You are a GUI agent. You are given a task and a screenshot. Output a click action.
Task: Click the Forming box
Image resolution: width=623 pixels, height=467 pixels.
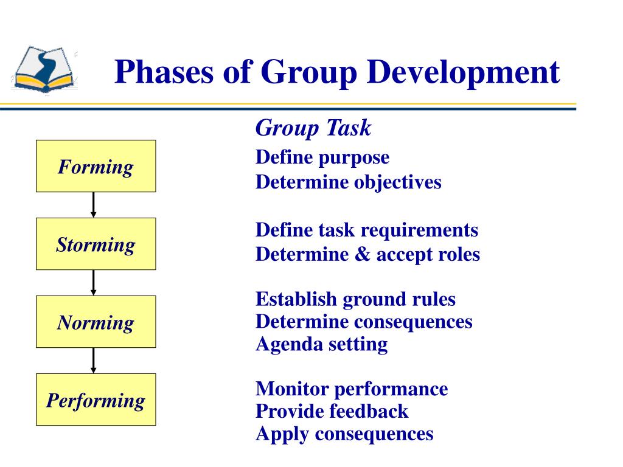click(x=96, y=166)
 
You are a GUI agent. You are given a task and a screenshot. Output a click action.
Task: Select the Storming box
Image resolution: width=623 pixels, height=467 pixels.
click(x=96, y=244)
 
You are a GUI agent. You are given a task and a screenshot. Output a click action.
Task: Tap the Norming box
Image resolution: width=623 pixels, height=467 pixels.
click(x=96, y=322)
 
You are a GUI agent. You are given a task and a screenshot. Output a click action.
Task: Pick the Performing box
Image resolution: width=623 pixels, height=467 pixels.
click(x=96, y=400)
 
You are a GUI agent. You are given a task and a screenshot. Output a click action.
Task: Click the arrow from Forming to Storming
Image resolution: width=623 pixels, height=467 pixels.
click(x=93, y=205)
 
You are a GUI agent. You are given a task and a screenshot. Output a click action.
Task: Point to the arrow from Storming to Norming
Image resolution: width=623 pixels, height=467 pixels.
click(x=93, y=283)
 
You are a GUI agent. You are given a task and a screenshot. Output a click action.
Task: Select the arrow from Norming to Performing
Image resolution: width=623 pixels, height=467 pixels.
click(x=93, y=361)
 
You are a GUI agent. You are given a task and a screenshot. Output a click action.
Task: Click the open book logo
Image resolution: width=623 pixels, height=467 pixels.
click(x=44, y=69)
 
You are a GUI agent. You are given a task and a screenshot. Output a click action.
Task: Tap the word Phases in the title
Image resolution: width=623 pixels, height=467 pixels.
click(x=164, y=72)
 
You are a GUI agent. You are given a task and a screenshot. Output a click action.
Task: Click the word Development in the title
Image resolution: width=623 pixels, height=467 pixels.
click(x=463, y=73)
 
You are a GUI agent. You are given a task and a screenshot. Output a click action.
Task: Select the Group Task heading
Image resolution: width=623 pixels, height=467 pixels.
click(x=313, y=128)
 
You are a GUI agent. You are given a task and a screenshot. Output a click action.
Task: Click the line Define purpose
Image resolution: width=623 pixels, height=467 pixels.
click(x=322, y=157)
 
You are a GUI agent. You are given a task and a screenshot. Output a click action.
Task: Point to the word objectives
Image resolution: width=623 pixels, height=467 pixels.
click(x=398, y=182)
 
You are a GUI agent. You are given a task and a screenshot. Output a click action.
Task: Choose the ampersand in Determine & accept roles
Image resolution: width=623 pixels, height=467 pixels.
click(x=363, y=254)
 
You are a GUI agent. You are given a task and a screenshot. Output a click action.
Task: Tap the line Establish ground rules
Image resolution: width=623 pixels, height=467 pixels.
click(x=355, y=300)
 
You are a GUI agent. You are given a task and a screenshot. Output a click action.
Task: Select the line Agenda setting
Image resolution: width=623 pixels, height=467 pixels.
click(x=321, y=344)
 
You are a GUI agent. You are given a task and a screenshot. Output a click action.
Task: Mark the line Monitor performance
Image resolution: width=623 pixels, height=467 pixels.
click(x=352, y=389)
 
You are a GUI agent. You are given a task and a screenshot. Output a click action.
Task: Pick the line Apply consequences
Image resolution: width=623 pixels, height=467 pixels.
click(x=344, y=434)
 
